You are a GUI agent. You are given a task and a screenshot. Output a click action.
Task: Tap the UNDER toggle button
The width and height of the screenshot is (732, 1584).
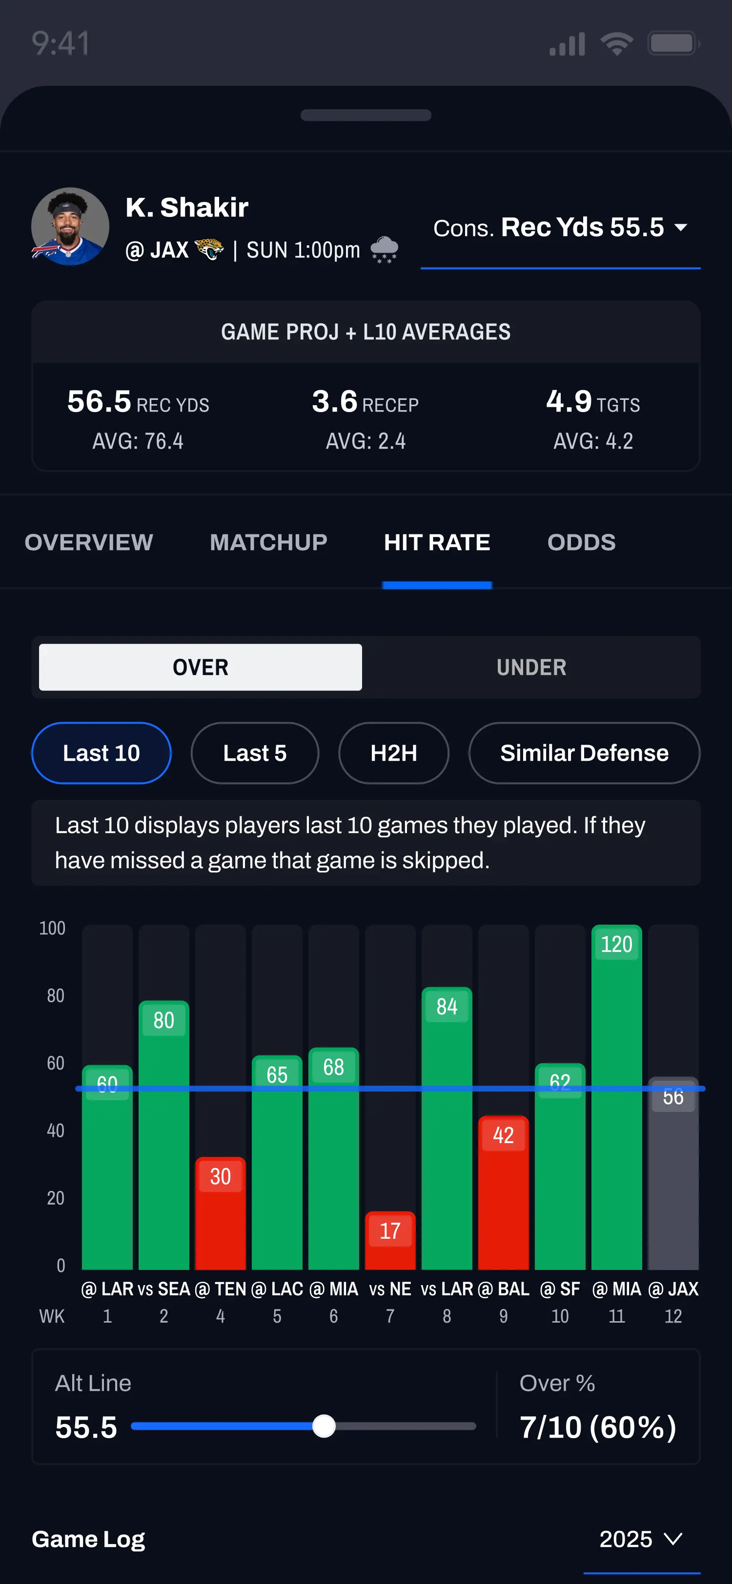[x=531, y=667]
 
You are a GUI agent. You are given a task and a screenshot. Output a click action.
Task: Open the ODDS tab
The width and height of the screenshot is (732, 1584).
[x=581, y=542]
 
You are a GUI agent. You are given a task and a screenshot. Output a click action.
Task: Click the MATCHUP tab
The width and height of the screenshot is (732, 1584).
[x=268, y=542]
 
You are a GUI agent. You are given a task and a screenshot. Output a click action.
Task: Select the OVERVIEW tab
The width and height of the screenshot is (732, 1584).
[x=89, y=542]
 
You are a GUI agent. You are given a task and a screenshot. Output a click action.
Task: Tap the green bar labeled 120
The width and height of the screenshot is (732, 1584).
[x=616, y=1107]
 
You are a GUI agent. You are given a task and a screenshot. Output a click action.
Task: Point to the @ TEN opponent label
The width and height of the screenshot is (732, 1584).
[x=220, y=1289]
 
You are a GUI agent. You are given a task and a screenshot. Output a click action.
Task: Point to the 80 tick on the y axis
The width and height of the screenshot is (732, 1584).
[x=55, y=995]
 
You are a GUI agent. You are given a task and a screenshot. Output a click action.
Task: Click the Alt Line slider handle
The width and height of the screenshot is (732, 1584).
[x=324, y=1426]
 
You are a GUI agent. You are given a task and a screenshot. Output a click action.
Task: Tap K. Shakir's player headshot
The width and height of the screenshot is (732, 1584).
[x=70, y=226]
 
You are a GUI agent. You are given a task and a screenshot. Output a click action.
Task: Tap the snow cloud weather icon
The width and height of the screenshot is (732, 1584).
[x=385, y=250]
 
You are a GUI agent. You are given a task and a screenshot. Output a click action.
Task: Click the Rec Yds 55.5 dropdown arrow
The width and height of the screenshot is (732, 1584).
[x=680, y=228]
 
